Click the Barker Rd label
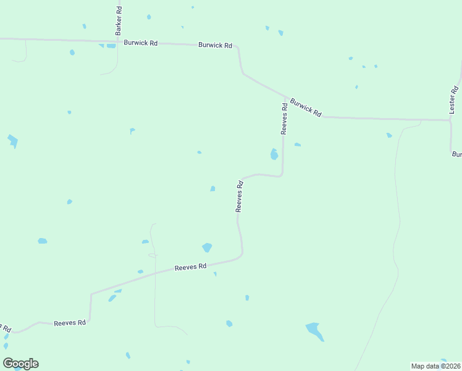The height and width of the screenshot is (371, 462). coord(119,20)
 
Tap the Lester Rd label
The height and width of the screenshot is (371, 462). coord(453,99)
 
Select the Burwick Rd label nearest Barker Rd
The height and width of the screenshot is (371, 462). coord(141,43)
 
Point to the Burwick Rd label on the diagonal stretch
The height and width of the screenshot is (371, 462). coord(306,108)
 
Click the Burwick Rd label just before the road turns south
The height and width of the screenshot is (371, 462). coord(215,45)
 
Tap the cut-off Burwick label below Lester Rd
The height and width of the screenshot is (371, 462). coord(456,154)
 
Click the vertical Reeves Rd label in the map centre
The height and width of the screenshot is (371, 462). coord(240,196)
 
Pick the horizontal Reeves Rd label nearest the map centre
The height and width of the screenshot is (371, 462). coord(190,267)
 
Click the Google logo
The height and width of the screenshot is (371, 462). coord(21,364)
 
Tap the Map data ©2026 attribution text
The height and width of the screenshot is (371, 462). coord(436,366)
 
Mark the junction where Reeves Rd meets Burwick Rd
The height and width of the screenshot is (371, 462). coord(285,97)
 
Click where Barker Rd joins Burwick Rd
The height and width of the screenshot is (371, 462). coord(117,43)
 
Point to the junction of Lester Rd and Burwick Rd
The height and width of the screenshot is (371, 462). coord(450,119)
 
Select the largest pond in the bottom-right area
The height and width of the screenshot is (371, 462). coord(315,331)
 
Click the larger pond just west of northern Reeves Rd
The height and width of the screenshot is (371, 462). coord(274,154)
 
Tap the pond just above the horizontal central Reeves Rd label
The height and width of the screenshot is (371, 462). coord(207,247)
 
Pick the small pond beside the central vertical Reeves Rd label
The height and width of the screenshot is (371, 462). coord(212,189)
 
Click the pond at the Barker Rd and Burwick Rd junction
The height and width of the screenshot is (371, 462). coord(110,46)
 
